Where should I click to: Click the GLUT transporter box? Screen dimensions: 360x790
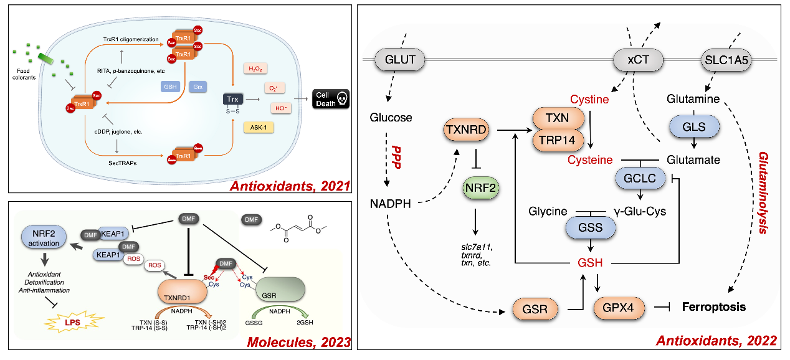[x=399, y=60]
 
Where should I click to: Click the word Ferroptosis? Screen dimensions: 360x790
[x=713, y=307]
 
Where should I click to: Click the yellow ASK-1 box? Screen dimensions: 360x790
[x=259, y=128]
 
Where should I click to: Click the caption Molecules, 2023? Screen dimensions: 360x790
[x=299, y=342]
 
